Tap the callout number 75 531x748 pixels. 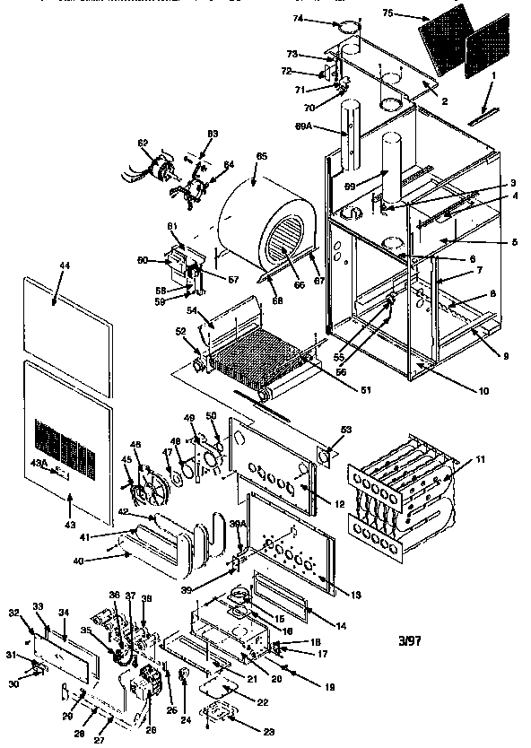click(x=412, y=13)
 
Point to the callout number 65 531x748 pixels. click(x=261, y=157)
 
